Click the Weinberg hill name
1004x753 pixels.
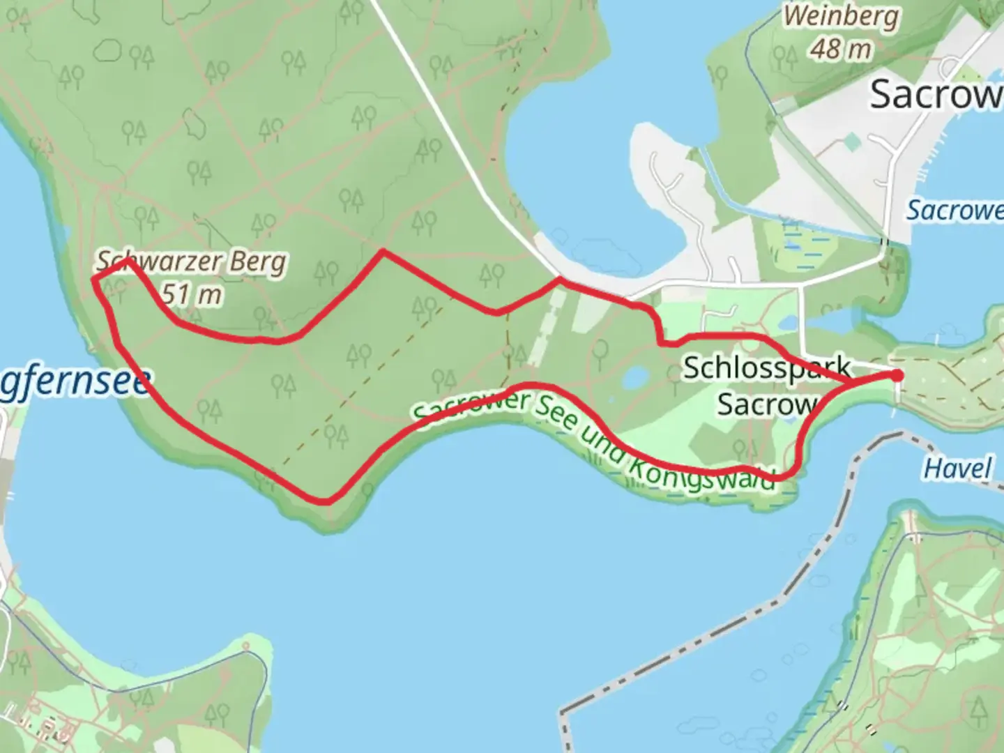[840, 17]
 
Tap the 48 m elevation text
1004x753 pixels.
[840, 49]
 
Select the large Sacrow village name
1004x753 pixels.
[934, 93]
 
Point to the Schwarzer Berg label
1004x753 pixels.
[191, 262]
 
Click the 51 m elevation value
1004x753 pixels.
[192, 295]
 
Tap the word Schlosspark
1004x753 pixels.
[766, 367]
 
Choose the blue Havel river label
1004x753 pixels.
[957, 469]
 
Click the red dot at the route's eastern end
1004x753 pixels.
[897, 375]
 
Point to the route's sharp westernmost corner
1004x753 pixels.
[93, 278]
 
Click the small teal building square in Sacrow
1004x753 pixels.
[851, 142]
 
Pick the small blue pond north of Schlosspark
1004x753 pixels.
[788, 323]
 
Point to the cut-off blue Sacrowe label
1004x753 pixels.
[955, 209]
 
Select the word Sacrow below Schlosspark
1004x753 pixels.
[766, 404]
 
